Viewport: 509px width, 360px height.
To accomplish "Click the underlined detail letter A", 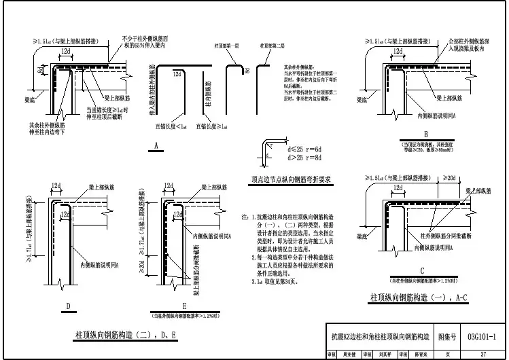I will point(156,146).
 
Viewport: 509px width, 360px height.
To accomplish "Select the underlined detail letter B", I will point(425,134).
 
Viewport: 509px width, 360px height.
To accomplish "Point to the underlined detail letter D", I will point(68,306).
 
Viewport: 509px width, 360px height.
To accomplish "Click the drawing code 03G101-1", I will point(482,336).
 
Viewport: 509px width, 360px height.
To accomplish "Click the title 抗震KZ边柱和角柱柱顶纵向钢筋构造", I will point(379,336).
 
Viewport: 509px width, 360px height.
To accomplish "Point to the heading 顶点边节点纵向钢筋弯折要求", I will point(290,180).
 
